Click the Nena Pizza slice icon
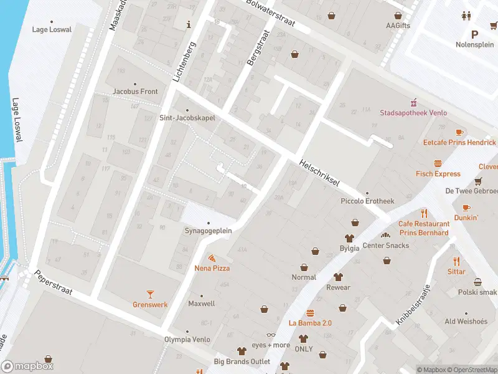click(212, 257)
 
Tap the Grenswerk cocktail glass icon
click(150, 294)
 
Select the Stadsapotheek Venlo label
click(413, 113)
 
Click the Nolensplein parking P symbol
click(474, 35)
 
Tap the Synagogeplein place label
click(208, 230)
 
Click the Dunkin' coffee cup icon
click(466, 208)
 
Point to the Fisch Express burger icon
click(438, 163)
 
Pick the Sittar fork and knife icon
click(456, 261)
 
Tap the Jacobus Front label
click(135, 91)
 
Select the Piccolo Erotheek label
click(367, 201)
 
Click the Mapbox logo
click(27, 367)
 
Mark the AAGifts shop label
click(398, 26)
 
